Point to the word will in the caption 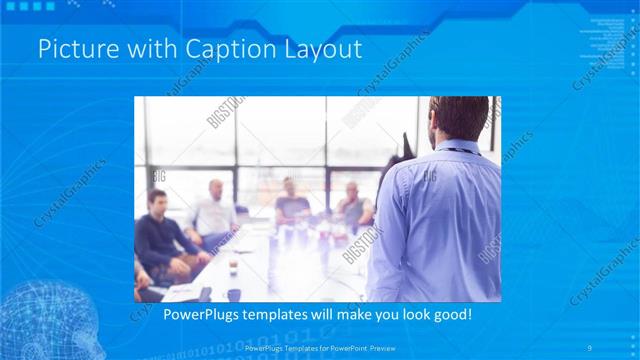point(337,315)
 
